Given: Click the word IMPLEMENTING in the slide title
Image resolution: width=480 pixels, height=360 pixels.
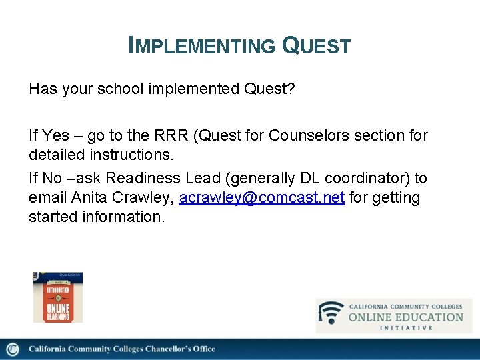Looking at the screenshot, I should coord(201,46).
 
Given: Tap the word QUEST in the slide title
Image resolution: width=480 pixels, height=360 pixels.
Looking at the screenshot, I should coord(317,46).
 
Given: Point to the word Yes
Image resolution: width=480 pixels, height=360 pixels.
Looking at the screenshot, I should coord(55,136).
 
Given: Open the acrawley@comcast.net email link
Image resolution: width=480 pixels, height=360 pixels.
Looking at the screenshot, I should coord(261,198).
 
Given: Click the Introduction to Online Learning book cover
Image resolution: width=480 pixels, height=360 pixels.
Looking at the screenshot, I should coord(58,297).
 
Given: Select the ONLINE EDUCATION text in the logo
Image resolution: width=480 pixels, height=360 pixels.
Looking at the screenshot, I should coord(405,317).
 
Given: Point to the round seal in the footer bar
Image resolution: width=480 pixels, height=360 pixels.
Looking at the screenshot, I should coord(12,349).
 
